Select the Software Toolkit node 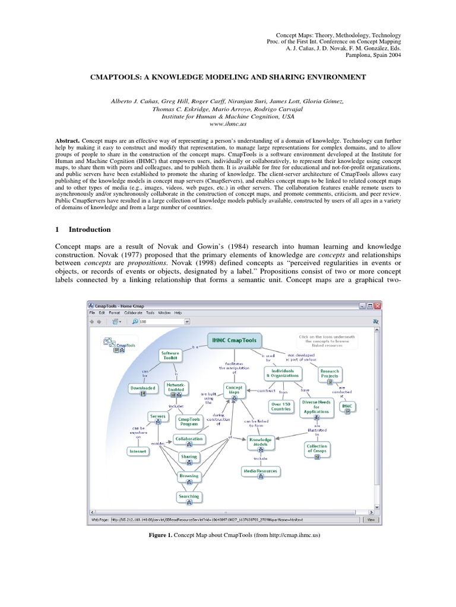pyautogui.click(x=170, y=356)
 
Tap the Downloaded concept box pyautogui.click(x=142, y=389)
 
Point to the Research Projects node pyautogui.click(x=330, y=373)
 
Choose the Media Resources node pyautogui.click(x=260, y=471)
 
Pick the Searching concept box pyautogui.click(x=189, y=497)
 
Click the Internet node pyautogui.click(x=137, y=451)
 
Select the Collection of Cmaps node pyautogui.click(x=316, y=449)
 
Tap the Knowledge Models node pyautogui.click(x=261, y=442)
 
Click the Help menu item pyautogui.click(x=178, y=312)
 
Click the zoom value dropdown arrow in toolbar pyautogui.click(x=187, y=321)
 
